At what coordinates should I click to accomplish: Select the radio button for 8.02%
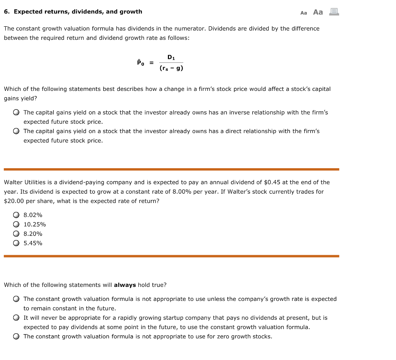(16, 215)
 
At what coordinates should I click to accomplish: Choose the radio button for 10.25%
(16, 224)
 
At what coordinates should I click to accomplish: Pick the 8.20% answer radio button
(16, 234)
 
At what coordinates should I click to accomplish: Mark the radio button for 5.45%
(16, 243)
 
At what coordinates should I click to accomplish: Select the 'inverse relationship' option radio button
(16, 113)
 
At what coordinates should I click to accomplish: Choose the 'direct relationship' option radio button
(16, 131)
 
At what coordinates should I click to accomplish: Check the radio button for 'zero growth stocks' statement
(16, 336)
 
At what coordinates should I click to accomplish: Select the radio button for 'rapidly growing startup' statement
(16, 318)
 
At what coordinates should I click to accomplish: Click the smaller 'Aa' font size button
(304, 13)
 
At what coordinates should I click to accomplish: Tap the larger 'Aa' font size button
(318, 12)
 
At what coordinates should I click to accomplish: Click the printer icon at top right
(334, 12)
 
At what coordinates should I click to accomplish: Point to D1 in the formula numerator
(171, 57)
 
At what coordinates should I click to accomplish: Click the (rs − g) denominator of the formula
(171, 68)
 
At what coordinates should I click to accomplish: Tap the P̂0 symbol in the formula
(140, 62)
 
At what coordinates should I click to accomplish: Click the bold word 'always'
(125, 285)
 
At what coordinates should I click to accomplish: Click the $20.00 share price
(12, 201)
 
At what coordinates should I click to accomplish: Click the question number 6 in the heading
(7, 12)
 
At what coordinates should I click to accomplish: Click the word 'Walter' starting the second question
(13, 182)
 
